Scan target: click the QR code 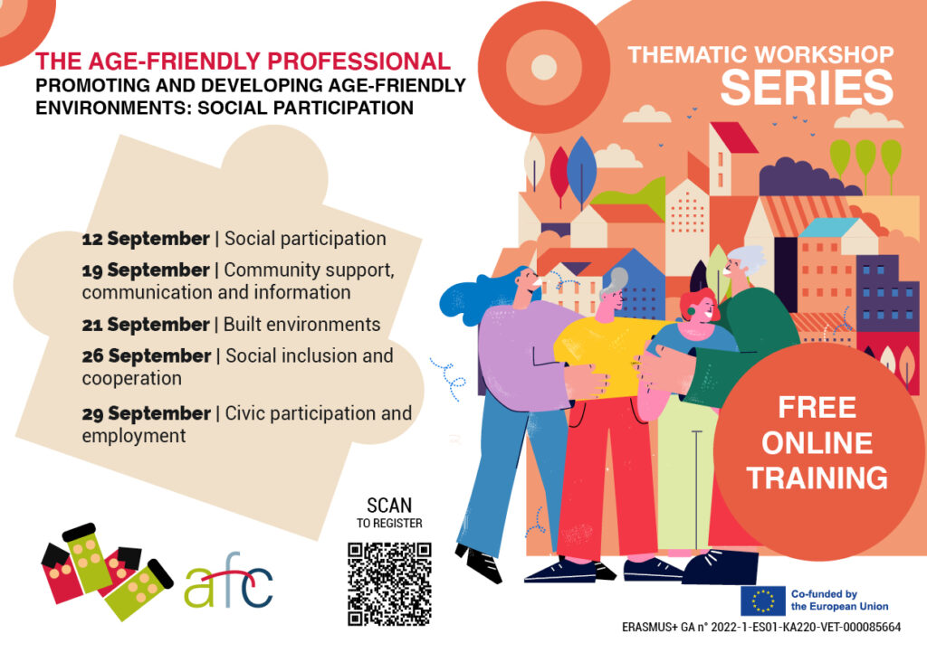pyautogui.click(x=389, y=584)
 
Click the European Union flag pyautogui.click(x=762, y=601)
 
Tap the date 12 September pyautogui.click(x=146, y=239)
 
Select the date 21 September pyautogui.click(x=146, y=324)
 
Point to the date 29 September pyautogui.click(x=146, y=413)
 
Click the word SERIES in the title pyautogui.click(x=807, y=88)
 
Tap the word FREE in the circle pyautogui.click(x=817, y=407)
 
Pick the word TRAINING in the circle pyautogui.click(x=817, y=478)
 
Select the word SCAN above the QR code pyautogui.click(x=389, y=506)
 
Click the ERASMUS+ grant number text pyautogui.click(x=761, y=627)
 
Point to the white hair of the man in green pyautogui.click(x=747, y=258)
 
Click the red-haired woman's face pyautogui.click(x=703, y=310)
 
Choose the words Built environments pyautogui.click(x=302, y=324)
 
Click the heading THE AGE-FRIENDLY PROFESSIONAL pyautogui.click(x=243, y=62)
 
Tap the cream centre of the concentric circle pyautogui.click(x=544, y=67)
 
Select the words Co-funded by pyautogui.click(x=824, y=594)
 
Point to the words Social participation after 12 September pyautogui.click(x=305, y=239)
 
